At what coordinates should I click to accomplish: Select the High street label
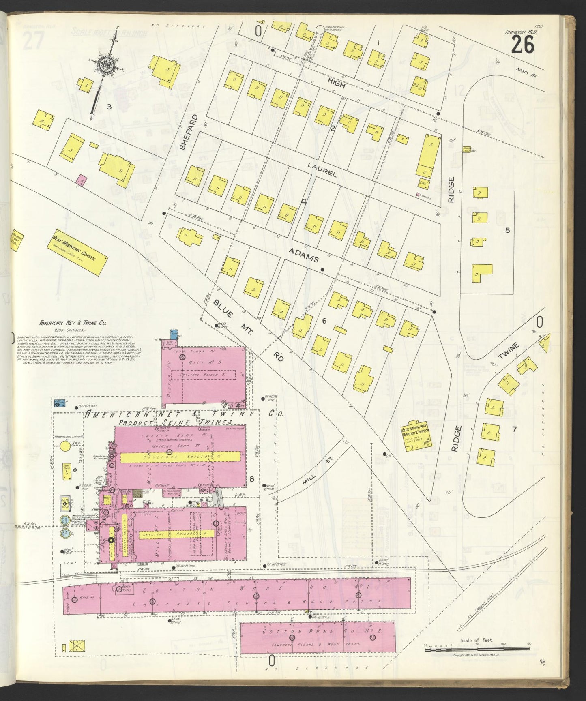(337, 83)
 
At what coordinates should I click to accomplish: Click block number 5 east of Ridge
(507, 230)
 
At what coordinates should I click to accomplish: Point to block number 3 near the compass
(109, 107)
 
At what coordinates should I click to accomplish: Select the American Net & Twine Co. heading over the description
(73, 323)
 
